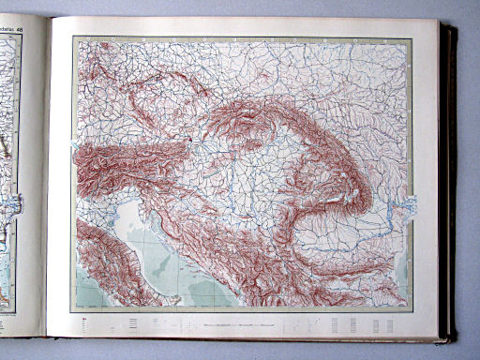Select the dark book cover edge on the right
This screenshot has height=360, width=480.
pos(453,178)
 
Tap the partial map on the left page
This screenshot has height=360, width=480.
pos(13,169)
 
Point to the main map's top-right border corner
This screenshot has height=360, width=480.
pos(412,37)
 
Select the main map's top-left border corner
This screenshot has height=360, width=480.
pos(73,37)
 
